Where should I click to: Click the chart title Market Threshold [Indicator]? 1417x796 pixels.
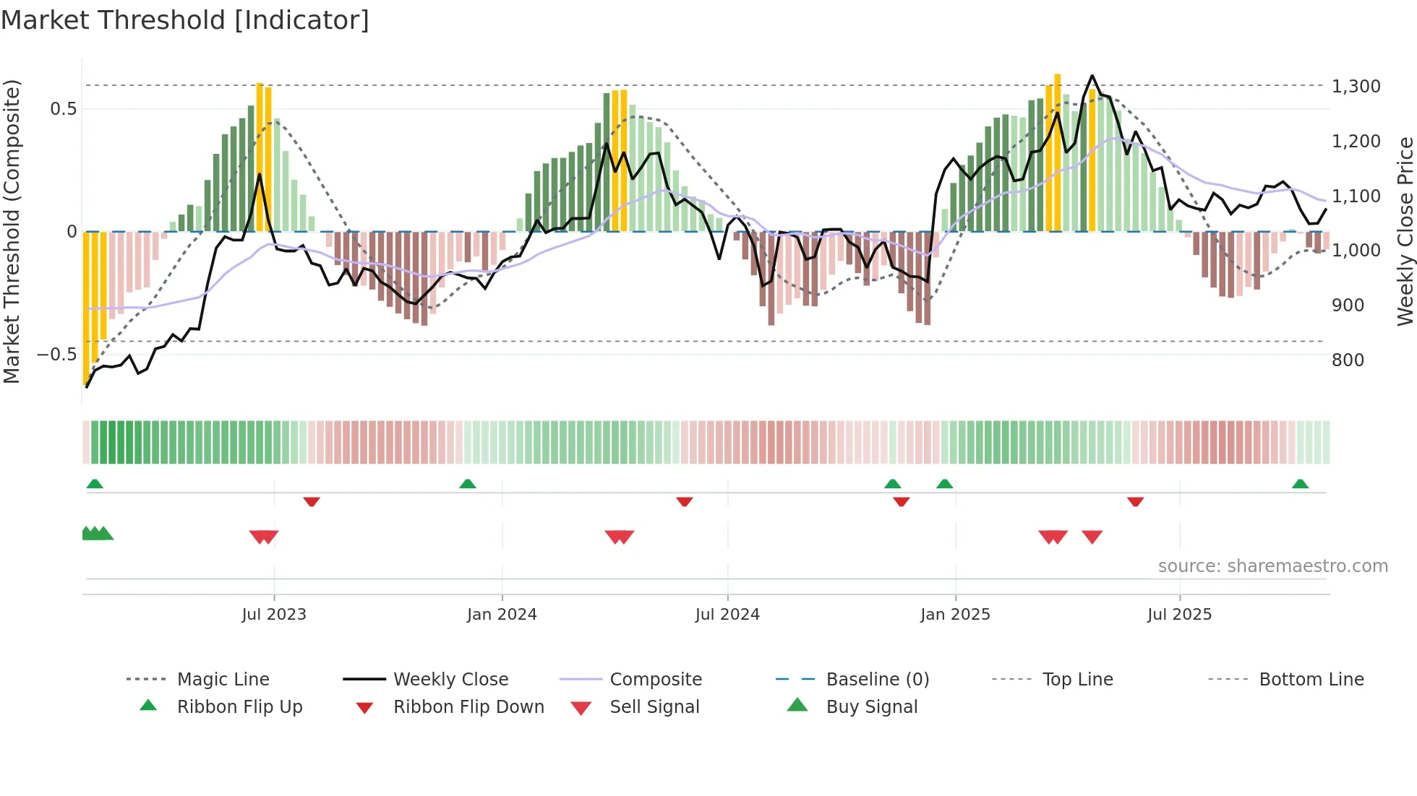185,20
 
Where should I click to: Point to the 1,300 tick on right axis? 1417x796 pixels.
1356,87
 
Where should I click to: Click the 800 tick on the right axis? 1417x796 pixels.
1348,360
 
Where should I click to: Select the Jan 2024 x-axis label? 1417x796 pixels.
502,614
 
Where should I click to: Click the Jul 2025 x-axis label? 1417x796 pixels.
1179,614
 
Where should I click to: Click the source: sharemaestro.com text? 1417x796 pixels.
1272,566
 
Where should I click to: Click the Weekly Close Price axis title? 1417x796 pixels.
1405,231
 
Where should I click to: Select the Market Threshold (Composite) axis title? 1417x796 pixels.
12,231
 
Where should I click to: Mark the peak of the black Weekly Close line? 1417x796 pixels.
1092,76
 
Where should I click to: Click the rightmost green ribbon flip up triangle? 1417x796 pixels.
1300,484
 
